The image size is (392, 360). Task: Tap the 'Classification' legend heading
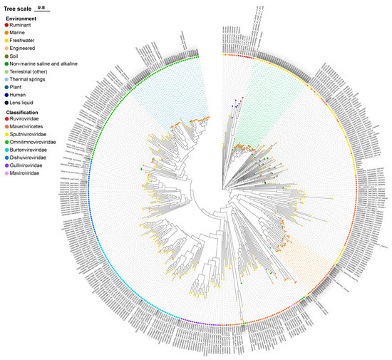coord(28,113)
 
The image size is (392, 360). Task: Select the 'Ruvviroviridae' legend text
coord(31,120)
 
